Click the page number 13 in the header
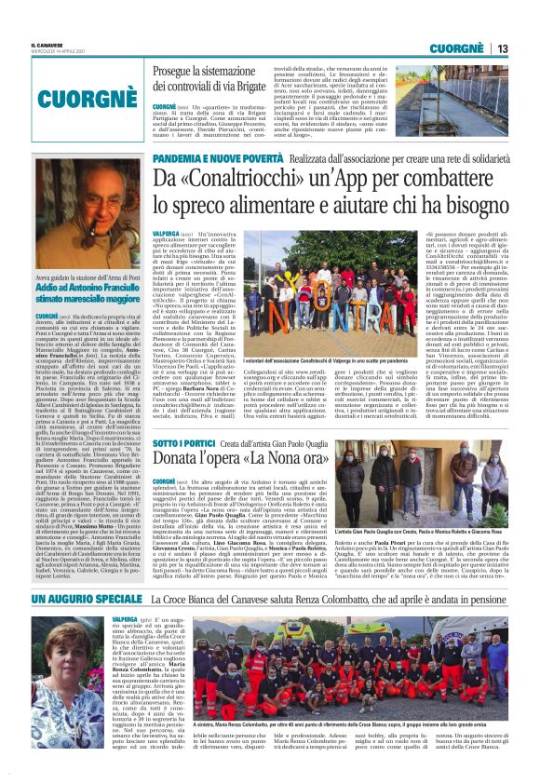pyautogui.click(x=502, y=48)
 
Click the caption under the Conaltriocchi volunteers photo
pyautogui.click(x=280, y=358)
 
